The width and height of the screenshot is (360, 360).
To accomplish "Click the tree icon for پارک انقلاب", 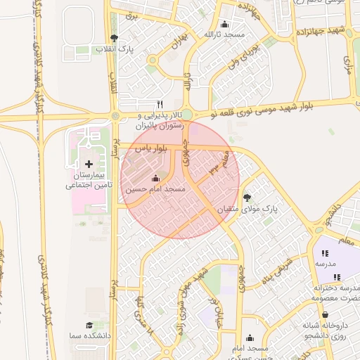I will pyautogui.click(x=115, y=38).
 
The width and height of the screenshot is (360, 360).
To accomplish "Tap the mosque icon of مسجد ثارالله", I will pyautogui.click(x=224, y=24).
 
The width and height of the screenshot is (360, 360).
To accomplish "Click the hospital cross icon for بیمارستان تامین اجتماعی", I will pyautogui.click(x=88, y=163).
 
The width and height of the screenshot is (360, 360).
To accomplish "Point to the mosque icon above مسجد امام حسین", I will pyautogui.click(x=155, y=178).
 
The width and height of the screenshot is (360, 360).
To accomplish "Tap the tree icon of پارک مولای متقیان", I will pyautogui.click(x=247, y=198).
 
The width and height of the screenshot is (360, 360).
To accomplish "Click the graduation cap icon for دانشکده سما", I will pyautogui.click(x=89, y=325).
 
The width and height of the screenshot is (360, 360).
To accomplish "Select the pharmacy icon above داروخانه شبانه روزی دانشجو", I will pyautogui.click(x=326, y=314).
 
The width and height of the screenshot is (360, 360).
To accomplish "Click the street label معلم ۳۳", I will pyautogui.click(x=218, y=161).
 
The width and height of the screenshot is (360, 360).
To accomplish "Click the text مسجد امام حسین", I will pyautogui.click(x=155, y=190).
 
